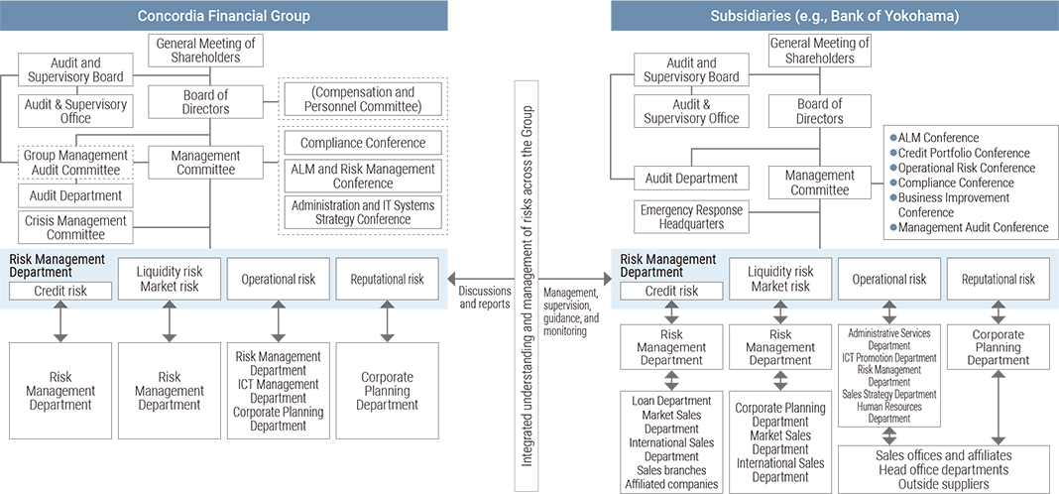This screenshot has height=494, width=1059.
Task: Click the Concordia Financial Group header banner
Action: point(223,16)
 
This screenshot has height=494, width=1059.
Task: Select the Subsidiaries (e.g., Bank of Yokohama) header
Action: point(835,16)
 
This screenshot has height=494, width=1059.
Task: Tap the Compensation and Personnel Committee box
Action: point(363,99)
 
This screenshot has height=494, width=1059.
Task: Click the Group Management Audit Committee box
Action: point(75,163)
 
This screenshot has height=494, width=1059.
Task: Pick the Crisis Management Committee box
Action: point(75,228)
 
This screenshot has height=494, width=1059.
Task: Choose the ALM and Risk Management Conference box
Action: point(363,176)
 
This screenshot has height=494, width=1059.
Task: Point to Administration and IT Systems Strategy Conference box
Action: point(363,212)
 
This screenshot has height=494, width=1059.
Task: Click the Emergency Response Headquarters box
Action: point(691,216)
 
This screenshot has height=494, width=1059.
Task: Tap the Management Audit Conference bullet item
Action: point(969,228)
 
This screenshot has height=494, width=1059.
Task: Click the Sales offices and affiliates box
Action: point(943,469)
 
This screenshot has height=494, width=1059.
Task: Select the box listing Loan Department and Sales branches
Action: point(670,442)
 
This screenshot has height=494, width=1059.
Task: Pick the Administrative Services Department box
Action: point(889,376)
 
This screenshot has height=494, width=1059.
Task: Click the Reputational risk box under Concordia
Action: point(387,279)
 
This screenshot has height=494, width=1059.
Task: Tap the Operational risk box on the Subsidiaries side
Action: point(889,279)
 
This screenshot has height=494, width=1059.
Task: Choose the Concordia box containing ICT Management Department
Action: point(278,391)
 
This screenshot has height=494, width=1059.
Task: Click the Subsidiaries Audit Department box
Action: point(691,179)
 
